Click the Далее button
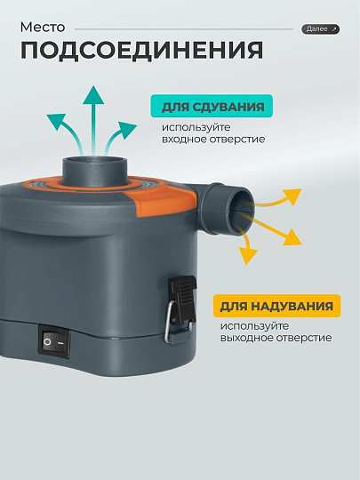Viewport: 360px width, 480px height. click(320, 29)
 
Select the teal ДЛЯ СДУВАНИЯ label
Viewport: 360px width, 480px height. click(212, 108)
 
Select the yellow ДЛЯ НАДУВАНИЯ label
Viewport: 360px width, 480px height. click(276, 308)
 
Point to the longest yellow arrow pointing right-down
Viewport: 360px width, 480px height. click(284, 233)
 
